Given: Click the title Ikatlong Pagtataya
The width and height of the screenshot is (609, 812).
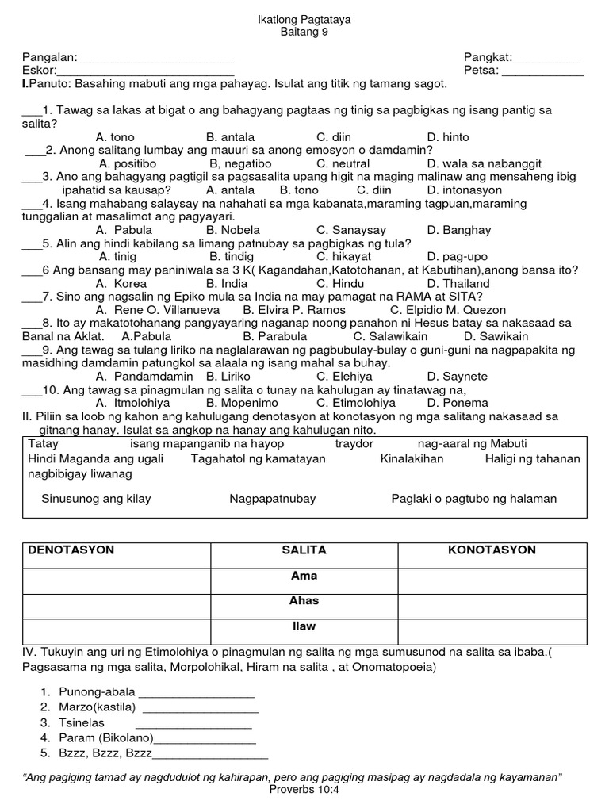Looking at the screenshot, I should pos(304,19).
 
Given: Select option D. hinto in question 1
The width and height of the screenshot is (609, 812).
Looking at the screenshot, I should pos(448,137).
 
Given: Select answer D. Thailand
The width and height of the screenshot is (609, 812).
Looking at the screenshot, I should pos(458,283).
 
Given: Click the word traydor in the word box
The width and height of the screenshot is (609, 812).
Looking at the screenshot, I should pos(354,444).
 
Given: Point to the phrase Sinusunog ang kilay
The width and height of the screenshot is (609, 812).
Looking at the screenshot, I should pos(96,499).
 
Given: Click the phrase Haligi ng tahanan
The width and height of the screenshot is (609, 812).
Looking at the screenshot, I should pos(532,459).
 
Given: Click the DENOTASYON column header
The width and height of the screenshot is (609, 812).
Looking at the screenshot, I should pos(71,550).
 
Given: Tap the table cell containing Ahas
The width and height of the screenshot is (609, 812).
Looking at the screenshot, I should pos(304,602).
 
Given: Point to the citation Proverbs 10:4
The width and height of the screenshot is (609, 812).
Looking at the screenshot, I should pos(304,790).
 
